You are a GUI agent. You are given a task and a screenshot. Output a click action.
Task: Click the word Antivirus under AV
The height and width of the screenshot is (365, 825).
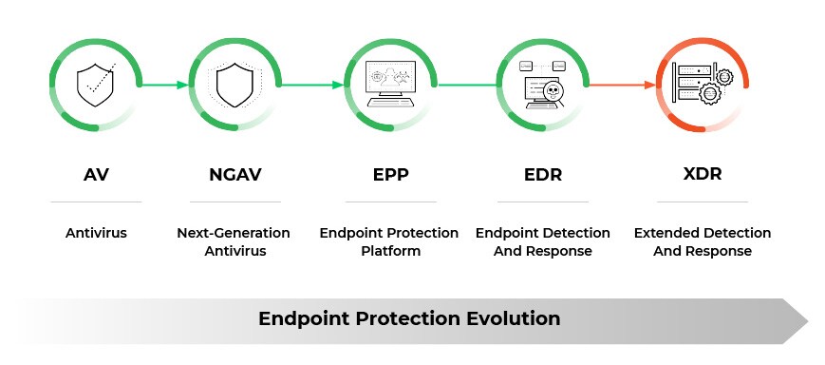[x=95, y=233]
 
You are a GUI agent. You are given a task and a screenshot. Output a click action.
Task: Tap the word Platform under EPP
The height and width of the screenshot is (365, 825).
[x=389, y=252]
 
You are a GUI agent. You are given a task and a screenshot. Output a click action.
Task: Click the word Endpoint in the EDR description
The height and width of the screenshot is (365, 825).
[x=507, y=233]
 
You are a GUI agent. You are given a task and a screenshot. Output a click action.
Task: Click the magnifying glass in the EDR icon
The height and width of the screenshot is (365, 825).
[x=549, y=93]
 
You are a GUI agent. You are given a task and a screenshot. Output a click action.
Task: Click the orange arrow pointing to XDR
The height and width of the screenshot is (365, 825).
[x=622, y=85]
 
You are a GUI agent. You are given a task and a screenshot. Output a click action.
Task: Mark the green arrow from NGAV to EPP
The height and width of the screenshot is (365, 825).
[x=310, y=85]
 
